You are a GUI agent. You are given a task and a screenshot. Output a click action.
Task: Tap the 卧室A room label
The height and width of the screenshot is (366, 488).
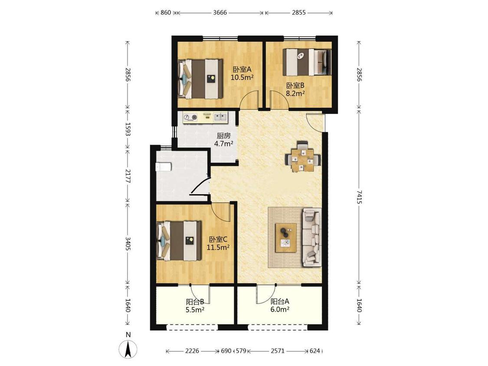tap(242, 69)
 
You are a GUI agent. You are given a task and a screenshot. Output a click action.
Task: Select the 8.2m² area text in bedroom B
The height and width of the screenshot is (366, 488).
tap(295, 93)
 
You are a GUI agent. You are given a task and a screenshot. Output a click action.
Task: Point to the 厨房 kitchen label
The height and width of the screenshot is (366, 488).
tap(224, 136)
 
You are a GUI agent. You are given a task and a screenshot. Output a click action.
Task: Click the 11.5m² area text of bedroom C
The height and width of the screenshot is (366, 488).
tap(218, 248)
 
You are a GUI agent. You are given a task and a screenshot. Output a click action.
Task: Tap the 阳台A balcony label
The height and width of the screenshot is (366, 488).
tap(280, 301)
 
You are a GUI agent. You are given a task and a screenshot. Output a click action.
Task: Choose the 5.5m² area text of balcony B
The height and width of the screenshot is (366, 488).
tap(195, 310)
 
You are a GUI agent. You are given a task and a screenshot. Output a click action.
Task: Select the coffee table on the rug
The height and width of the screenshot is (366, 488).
tap(286, 238)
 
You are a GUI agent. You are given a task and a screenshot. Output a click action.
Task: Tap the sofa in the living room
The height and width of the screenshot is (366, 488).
tap(311, 238)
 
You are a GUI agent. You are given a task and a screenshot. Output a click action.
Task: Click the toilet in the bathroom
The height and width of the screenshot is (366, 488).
tap(163, 167)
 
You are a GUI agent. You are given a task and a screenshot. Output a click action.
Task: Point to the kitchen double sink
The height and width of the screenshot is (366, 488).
tap(220, 117)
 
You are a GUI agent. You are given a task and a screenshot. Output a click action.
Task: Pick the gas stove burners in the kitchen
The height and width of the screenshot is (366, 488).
tap(191, 118)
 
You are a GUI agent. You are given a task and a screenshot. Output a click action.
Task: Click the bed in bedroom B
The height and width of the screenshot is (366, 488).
tap(307, 62)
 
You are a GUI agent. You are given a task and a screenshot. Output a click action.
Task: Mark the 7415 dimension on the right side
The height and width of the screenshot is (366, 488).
tap(359, 197)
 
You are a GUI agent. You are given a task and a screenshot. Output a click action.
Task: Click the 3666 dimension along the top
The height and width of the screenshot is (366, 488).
tap(220, 13)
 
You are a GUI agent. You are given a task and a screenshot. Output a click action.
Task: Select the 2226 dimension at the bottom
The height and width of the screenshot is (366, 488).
tap(192, 351)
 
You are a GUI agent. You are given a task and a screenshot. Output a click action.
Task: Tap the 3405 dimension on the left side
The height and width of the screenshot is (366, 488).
tap(128, 244)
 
